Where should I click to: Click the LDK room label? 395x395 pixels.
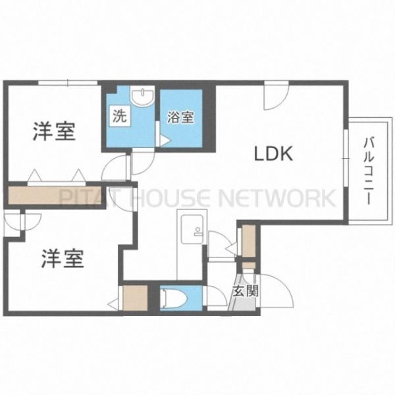coord(274,154)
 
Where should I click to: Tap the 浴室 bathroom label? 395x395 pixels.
coord(180,117)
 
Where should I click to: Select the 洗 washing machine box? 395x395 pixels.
coord(120,116)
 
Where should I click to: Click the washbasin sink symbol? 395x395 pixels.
coord(142,97)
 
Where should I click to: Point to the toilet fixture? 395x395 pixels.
coord(174,298)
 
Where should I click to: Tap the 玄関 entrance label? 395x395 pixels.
coord(246,291)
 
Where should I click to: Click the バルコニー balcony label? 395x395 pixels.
coord(368,171)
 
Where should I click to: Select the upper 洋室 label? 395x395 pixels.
coord(54,131)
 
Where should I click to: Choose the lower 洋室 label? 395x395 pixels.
coord(63,259)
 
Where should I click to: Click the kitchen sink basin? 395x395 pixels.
coord(192,229)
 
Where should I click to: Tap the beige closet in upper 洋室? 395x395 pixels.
coord(55,196)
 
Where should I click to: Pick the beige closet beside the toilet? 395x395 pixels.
coord(135,298)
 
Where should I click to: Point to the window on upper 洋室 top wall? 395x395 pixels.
coord(68,83)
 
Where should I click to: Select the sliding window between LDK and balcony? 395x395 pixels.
coord(346,158)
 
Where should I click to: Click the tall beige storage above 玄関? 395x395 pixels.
coord(249,240)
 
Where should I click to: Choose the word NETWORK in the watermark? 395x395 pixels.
coord(277,197)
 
